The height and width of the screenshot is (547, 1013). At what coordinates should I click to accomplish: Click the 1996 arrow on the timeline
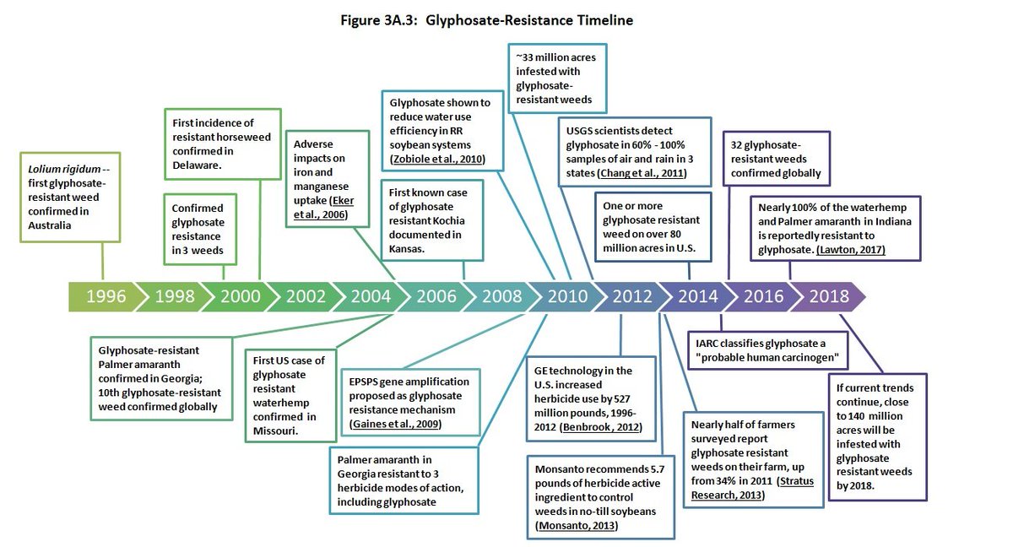(104, 296)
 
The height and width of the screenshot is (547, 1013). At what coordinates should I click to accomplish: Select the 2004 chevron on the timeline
(371, 296)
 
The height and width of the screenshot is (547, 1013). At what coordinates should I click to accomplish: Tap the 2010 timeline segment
(568, 296)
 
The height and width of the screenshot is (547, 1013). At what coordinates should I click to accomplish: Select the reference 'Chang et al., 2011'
(640, 173)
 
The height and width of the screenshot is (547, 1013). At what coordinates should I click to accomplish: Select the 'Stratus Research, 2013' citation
(743, 488)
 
